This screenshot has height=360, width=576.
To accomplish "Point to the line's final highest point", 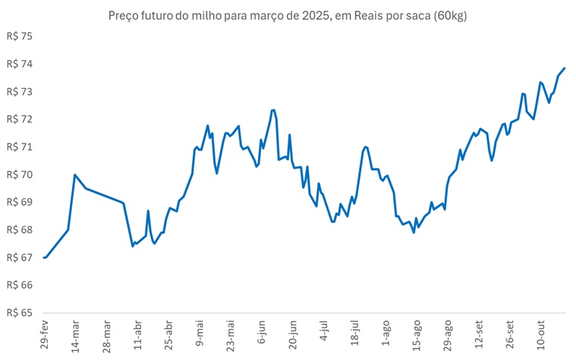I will coord(565,68).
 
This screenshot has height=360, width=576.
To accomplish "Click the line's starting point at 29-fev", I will coord(44,257).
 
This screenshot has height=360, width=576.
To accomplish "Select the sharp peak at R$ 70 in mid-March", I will coord(74,175).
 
